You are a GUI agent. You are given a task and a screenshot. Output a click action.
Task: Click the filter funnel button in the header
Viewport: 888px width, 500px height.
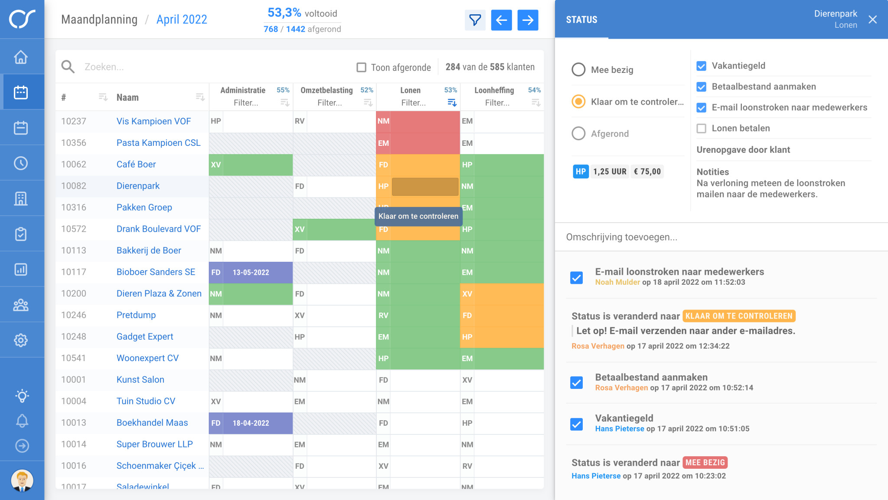[475, 20]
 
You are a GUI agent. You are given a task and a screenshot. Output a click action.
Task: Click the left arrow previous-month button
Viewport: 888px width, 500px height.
[501, 20]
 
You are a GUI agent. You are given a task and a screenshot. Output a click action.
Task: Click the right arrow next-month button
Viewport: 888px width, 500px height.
[528, 20]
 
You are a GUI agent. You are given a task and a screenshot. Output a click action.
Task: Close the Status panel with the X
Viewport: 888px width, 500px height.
[872, 20]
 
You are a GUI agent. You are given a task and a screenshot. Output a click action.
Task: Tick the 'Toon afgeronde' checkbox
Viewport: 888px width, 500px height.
[361, 67]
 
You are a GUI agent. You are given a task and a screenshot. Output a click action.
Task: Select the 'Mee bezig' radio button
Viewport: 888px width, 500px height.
[578, 69]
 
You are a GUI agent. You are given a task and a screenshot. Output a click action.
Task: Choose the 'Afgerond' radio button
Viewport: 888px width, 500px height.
[578, 133]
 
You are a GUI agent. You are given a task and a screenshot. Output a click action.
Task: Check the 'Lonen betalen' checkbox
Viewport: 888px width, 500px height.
[701, 128]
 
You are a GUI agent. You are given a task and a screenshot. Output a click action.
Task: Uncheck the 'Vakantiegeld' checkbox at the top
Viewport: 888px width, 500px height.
[701, 66]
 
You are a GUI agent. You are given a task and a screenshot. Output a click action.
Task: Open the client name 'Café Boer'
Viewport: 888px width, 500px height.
[136, 164]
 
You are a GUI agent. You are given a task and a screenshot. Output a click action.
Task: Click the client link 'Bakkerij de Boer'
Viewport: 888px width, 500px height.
[149, 250]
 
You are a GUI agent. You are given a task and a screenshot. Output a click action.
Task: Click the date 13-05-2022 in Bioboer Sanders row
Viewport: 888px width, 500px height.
[251, 272]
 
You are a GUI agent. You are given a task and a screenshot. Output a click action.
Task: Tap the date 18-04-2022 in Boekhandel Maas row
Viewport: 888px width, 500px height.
[251, 423]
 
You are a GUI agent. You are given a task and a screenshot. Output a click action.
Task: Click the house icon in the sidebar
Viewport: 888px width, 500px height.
[21, 57]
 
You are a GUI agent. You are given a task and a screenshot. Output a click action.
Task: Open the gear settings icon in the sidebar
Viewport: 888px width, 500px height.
[21, 340]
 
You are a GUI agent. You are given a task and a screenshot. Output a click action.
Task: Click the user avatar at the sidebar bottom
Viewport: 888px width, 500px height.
[22, 480]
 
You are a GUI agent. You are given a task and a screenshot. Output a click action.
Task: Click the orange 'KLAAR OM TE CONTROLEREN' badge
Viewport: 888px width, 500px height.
[739, 316]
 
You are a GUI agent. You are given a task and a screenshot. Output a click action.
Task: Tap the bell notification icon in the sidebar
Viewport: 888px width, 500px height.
[22, 420]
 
